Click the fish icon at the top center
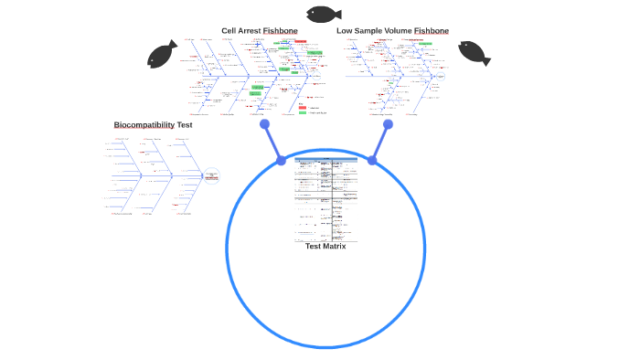tap(324, 14)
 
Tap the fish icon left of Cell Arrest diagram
tap(163, 54)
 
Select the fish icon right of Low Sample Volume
tap(474, 53)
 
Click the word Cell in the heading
tap(229, 31)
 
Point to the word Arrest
tap(250, 31)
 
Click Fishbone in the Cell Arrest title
tap(281, 31)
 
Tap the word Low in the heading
tap(345, 31)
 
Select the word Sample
tap(368, 31)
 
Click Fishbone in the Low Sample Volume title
tap(432, 31)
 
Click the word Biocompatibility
tap(144, 125)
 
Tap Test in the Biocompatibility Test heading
tap(185, 125)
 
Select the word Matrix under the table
tap(335, 246)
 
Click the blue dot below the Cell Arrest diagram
tap(264, 124)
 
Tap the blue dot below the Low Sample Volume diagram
tap(388, 124)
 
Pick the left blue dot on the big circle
tap(282, 161)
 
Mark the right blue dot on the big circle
tap(372, 161)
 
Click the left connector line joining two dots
tap(272, 143)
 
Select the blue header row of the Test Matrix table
tap(326, 159)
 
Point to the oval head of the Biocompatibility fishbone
tap(212, 175)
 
